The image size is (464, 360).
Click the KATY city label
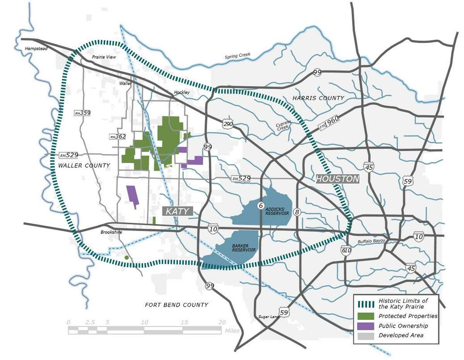coord(177,211)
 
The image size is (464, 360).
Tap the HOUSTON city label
coord(338,179)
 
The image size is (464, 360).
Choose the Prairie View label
coord(104,57)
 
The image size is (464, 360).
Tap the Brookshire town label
coord(111,233)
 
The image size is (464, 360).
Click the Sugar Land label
coord(268,317)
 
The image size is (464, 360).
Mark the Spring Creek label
coord(237,56)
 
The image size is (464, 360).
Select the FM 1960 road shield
coord(329,123)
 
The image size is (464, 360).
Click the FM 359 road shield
coord(82,113)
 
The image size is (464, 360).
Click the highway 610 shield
coord(346,250)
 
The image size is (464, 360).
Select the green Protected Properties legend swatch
coord(365,316)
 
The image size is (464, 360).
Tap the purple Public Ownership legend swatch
coord(365,326)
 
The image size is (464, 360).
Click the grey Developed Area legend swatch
coord(365,335)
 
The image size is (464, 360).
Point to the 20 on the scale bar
coord(222,323)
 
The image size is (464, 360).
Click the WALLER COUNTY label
coord(84,166)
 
